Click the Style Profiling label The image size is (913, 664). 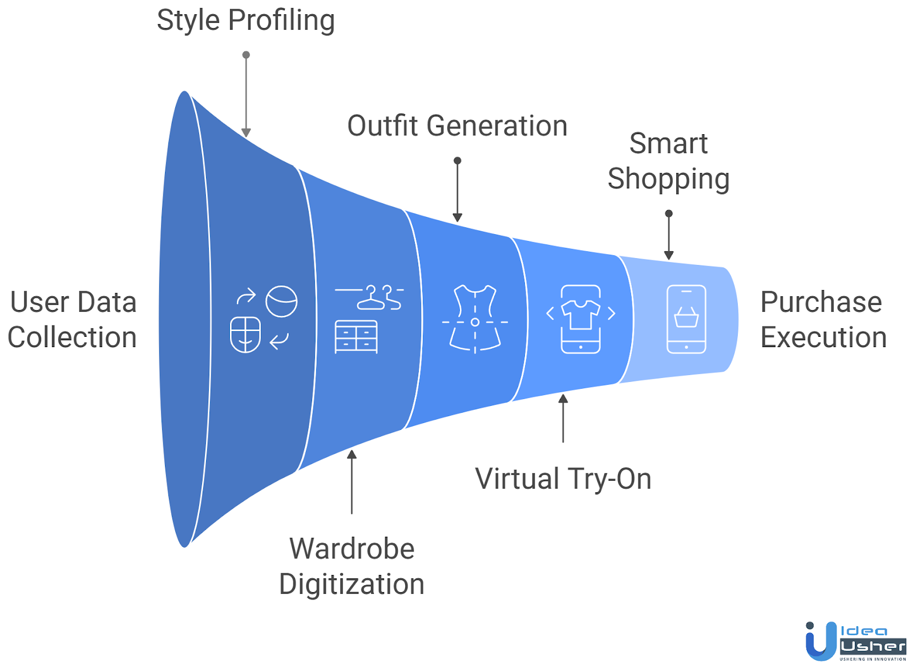click(x=245, y=21)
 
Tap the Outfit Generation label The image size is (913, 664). click(x=457, y=126)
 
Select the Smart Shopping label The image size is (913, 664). click(x=668, y=161)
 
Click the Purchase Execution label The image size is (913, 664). click(x=823, y=320)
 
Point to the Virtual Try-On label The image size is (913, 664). click(x=563, y=479)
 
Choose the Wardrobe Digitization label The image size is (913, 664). click(x=352, y=566)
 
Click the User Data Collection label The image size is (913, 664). click(x=73, y=320)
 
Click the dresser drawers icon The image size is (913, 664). click(x=356, y=336)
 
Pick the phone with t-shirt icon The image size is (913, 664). click(x=581, y=319)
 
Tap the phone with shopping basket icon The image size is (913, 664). click(x=686, y=319)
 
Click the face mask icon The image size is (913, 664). click(x=245, y=335)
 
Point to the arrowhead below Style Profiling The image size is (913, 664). click(x=246, y=132)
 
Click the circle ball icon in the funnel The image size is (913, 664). click(x=281, y=301)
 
